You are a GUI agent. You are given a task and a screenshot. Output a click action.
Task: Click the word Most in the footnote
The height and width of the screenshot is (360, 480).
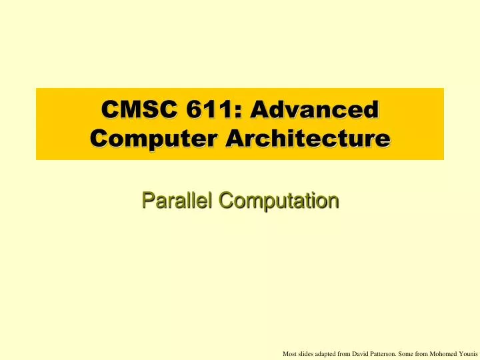point(290,353)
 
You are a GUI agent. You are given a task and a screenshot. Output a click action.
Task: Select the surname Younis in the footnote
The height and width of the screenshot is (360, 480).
point(474,353)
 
